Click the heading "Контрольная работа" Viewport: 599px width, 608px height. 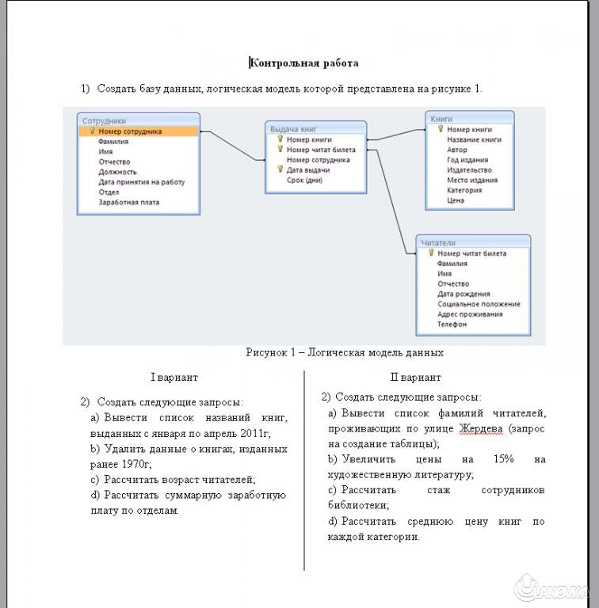(x=305, y=63)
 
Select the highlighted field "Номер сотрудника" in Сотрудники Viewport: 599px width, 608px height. (x=131, y=131)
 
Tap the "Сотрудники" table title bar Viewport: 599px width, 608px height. (x=105, y=120)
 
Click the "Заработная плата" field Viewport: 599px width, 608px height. (x=128, y=203)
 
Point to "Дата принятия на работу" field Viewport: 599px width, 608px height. (x=141, y=182)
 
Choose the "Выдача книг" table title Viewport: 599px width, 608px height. (x=294, y=127)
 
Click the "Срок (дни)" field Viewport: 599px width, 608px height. (x=304, y=180)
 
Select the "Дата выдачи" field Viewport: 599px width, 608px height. (x=308, y=170)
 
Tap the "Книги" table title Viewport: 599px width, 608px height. (x=442, y=119)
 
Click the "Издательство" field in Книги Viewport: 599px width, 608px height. (x=469, y=170)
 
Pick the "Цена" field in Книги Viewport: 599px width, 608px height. (x=456, y=200)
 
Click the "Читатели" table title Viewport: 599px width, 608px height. (x=438, y=242)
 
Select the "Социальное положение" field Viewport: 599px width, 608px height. (x=479, y=304)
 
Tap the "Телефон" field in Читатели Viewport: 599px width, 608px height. (x=452, y=325)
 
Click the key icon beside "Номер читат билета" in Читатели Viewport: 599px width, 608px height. (x=431, y=253)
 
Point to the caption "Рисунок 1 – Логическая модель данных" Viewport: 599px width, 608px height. (x=344, y=353)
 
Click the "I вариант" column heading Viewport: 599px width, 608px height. (x=174, y=378)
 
